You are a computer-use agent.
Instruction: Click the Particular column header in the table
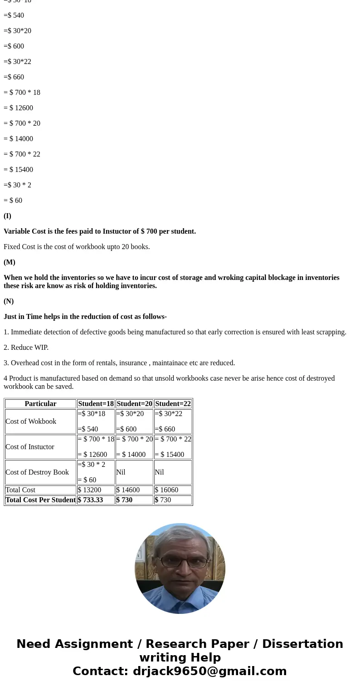click(x=40, y=404)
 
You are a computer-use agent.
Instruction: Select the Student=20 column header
click(x=134, y=404)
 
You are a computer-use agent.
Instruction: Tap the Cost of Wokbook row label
click(x=31, y=421)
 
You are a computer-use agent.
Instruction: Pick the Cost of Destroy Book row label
click(x=37, y=472)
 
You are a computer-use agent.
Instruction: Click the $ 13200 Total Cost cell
click(x=89, y=490)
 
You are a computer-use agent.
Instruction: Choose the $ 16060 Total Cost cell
click(x=166, y=490)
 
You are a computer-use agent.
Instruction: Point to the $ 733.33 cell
click(x=90, y=500)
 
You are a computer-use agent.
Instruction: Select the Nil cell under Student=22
click(x=159, y=472)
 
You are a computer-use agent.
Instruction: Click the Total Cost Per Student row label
click(x=40, y=500)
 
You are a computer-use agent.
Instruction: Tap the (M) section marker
click(x=10, y=262)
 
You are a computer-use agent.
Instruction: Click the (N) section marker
click(x=9, y=301)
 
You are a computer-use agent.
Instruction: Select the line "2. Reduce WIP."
click(x=26, y=348)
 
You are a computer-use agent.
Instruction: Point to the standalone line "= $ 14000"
click(x=18, y=139)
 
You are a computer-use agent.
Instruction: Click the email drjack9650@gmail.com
click(x=209, y=671)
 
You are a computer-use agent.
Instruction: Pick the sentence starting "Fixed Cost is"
click(x=77, y=247)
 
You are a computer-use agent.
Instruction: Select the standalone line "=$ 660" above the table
click(x=14, y=77)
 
